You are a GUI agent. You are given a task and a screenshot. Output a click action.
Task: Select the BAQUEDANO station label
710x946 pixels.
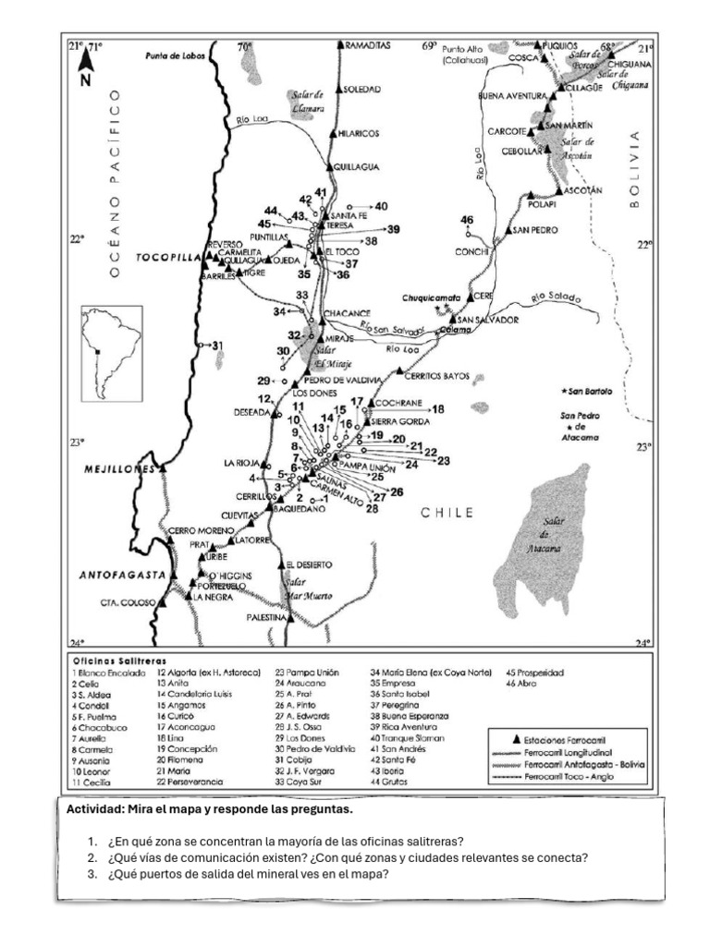click(x=300, y=508)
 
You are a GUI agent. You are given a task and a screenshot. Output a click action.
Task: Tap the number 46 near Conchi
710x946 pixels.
click(x=467, y=219)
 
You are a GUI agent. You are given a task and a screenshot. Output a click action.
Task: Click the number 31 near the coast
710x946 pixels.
click(x=218, y=346)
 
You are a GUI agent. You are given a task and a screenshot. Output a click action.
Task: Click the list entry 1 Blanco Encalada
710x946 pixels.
click(x=108, y=673)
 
